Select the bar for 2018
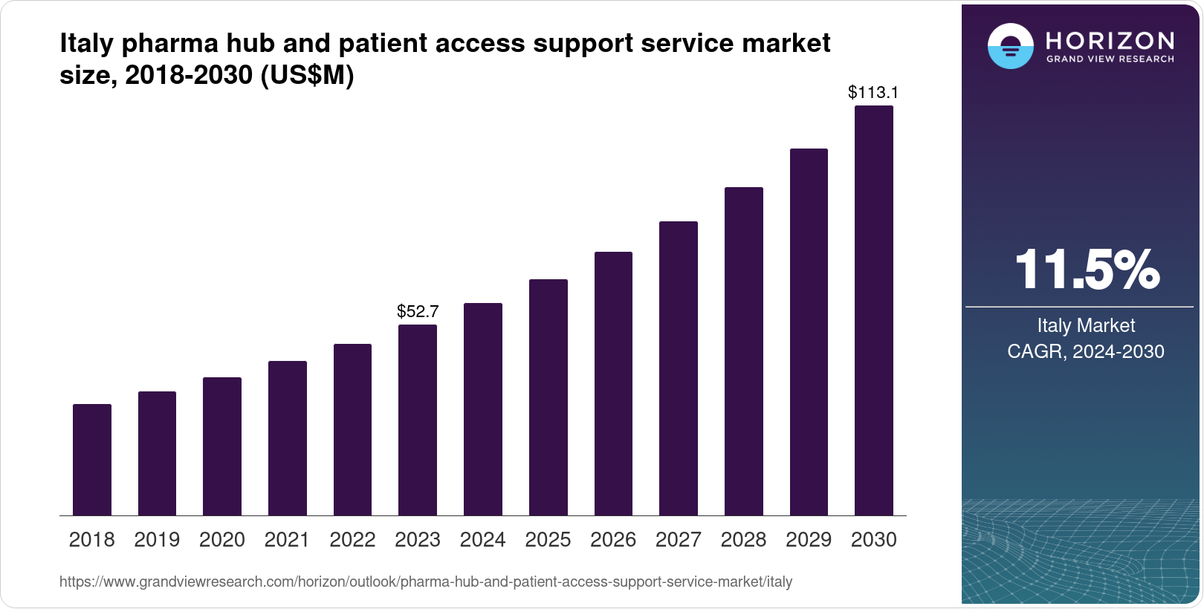(92, 460)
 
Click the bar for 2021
(288, 438)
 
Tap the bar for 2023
(418, 420)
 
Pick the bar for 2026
(613, 383)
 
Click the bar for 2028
(744, 351)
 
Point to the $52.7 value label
(418, 311)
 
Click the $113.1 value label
(873, 92)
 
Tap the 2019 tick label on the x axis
(157, 540)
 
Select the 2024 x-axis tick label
(482, 540)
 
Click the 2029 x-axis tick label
(809, 540)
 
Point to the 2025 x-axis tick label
(548, 540)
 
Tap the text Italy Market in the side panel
(1086, 325)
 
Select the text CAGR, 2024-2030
(1086, 351)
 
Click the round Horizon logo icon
(1010, 47)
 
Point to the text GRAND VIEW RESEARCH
(1110, 59)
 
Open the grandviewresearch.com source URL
(426, 582)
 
